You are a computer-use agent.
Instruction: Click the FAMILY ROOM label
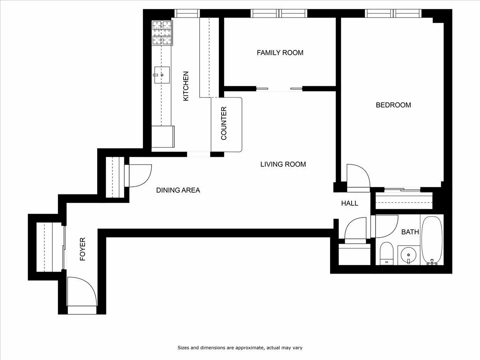click(280, 52)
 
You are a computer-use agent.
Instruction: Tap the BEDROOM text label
click(393, 105)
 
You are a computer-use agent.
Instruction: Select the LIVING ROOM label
click(283, 164)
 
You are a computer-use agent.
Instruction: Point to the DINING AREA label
click(178, 190)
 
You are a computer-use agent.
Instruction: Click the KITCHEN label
click(186, 86)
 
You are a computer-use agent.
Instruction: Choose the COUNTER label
click(224, 123)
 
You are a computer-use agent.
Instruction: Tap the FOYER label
click(83, 249)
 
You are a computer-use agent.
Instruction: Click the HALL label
click(350, 203)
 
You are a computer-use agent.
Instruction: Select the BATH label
click(410, 232)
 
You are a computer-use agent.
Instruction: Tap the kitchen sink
click(162, 75)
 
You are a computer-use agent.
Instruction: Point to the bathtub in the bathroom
click(432, 240)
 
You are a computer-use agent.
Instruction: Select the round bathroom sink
click(408, 254)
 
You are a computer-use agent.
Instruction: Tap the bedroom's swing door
click(358, 176)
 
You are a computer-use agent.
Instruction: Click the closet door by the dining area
click(138, 176)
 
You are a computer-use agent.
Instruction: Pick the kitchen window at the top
click(187, 14)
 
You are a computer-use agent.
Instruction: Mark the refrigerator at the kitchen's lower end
click(163, 137)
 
